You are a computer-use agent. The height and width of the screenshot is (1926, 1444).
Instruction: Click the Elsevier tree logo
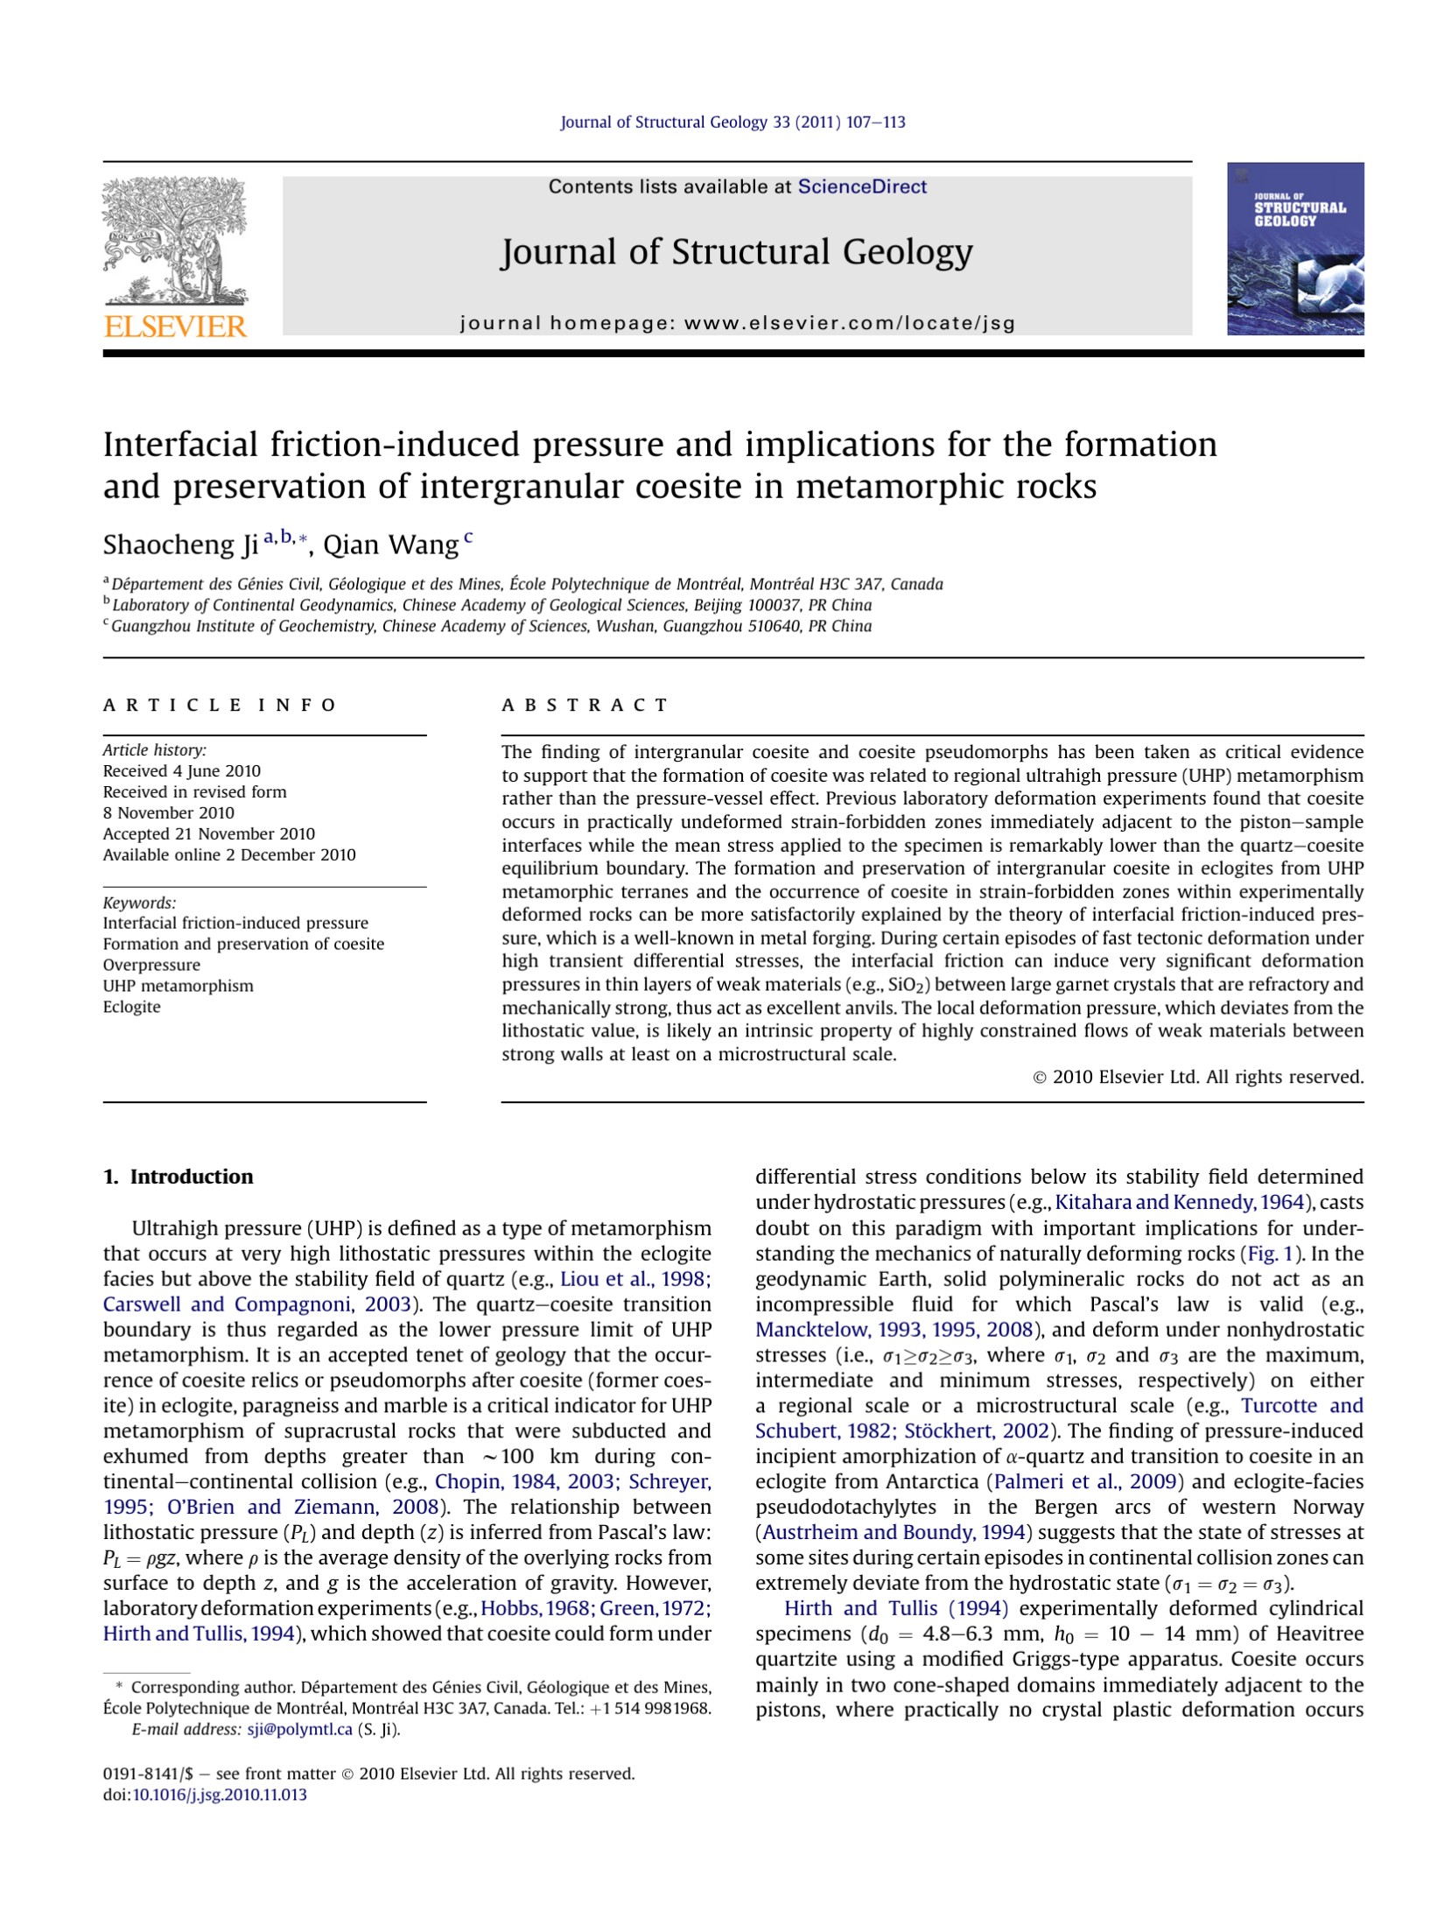(x=175, y=241)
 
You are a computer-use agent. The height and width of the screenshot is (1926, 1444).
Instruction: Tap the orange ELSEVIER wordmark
(x=175, y=327)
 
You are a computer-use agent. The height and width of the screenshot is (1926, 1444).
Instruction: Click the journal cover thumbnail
(x=1294, y=249)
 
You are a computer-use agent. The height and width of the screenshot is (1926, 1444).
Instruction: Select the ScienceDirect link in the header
(x=861, y=186)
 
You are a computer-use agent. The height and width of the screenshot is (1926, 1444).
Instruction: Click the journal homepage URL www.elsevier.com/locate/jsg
(x=849, y=323)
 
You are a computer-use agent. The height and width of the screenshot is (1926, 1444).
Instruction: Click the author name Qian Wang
(x=390, y=545)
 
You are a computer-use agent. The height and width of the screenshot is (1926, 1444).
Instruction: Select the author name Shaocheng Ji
(x=180, y=545)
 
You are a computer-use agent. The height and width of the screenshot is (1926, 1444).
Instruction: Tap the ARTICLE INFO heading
(x=220, y=706)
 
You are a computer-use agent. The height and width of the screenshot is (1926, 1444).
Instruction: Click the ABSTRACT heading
(x=585, y=706)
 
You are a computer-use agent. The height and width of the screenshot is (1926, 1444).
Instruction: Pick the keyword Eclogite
(x=132, y=1007)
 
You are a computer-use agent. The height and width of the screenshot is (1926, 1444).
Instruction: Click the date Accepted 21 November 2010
(x=208, y=834)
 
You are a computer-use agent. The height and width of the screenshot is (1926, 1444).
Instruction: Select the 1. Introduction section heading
(x=178, y=1177)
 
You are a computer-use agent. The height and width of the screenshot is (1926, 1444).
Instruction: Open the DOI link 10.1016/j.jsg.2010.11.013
(x=219, y=1795)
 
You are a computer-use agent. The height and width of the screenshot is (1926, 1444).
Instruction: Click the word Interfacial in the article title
(x=180, y=445)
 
